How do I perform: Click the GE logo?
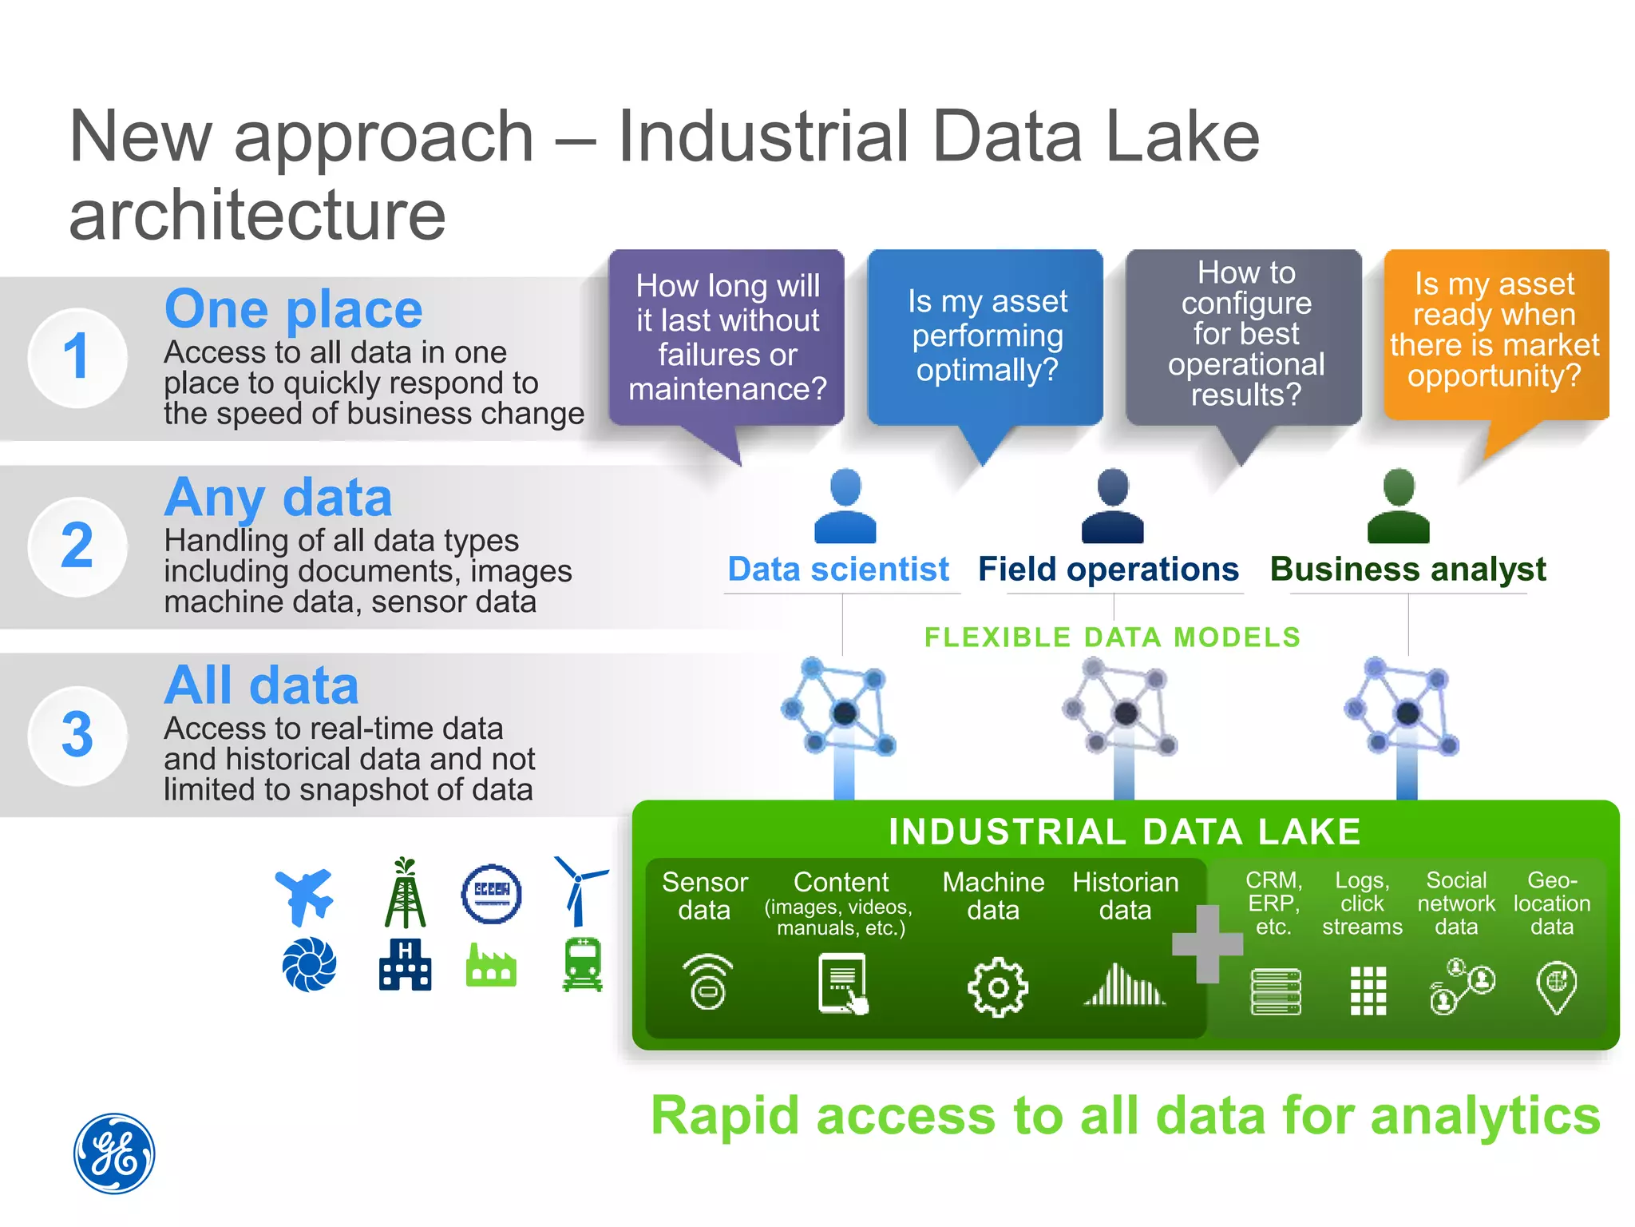[x=114, y=1154]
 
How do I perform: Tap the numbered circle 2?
[x=77, y=546]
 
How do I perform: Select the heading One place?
[x=293, y=309]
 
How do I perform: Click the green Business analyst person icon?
[x=1398, y=506]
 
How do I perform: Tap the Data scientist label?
[x=838, y=570]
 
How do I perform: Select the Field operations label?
[x=1108, y=570]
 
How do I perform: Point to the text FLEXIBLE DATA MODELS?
[x=1112, y=637]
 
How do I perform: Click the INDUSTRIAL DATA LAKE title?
[x=1124, y=832]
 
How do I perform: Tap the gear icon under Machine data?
[x=997, y=988]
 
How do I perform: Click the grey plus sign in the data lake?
[x=1207, y=944]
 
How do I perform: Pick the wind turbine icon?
[x=580, y=890]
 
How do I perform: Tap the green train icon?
[x=583, y=965]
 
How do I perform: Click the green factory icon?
[x=491, y=967]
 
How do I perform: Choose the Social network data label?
[x=1455, y=903]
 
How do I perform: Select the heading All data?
[x=261, y=685]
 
